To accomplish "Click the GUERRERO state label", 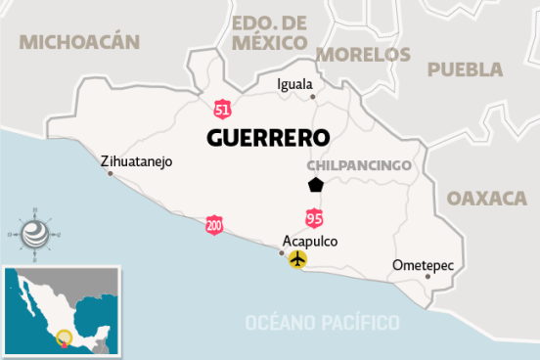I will point(266,137).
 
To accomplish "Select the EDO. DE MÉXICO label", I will point(270,32).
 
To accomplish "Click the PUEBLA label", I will point(466,69).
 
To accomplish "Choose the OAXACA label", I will point(487,198).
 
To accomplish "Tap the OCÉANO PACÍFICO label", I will point(323,322).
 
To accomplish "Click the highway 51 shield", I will point(225,104).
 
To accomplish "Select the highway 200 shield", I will point(214,225).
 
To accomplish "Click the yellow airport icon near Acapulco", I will point(297,259).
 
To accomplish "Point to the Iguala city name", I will point(296,83).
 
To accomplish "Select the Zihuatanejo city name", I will point(137,160).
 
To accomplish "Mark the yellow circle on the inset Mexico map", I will point(65,338).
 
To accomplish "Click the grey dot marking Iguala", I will point(312,96).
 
